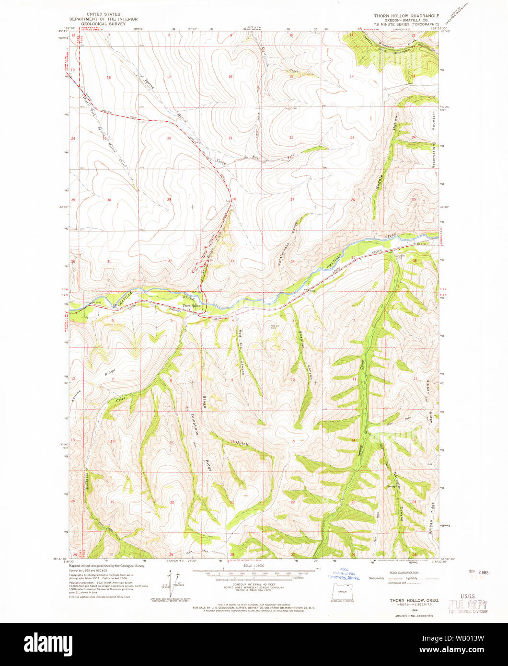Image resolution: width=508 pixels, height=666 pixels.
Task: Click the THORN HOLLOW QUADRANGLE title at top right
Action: click(x=406, y=16)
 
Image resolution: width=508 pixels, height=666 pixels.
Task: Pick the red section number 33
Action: click(x=232, y=261)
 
